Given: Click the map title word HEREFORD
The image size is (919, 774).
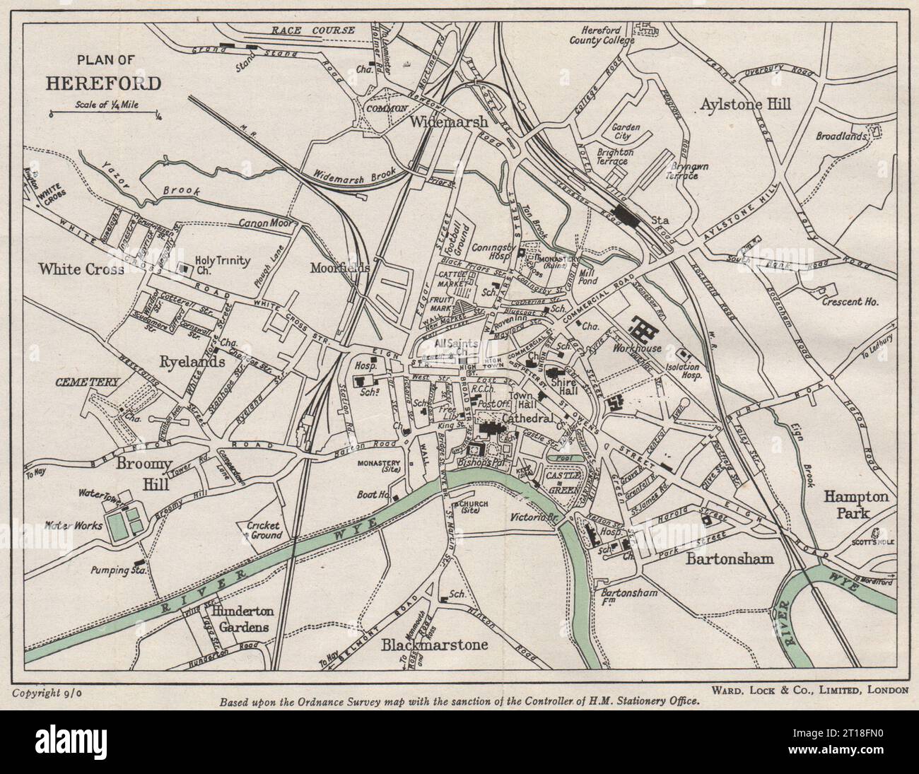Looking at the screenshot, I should [103, 83].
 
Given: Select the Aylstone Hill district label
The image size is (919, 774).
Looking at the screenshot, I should [745, 104].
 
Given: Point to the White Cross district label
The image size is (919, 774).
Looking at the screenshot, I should [81, 269].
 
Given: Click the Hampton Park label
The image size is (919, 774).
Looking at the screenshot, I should [856, 505].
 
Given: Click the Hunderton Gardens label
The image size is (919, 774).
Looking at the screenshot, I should [230, 619].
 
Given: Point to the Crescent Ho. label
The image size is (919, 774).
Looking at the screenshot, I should [850, 302].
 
